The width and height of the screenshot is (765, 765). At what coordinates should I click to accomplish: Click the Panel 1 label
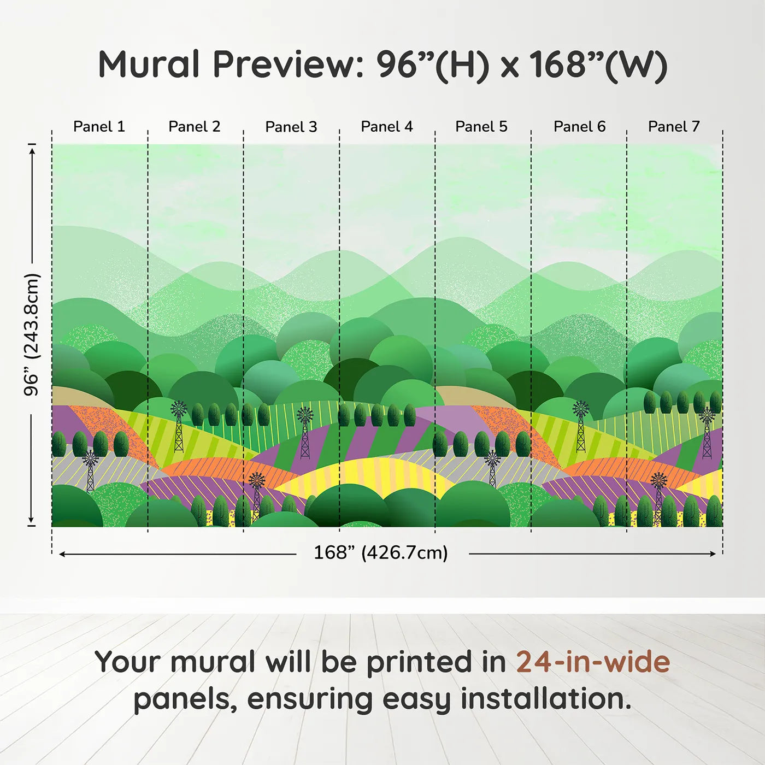tap(99, 127)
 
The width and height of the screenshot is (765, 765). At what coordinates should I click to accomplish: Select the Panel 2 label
tap(194, 127)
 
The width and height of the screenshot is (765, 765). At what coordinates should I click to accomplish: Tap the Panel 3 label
tap(291, 127)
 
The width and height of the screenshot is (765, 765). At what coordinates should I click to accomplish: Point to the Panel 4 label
tap(387, 127)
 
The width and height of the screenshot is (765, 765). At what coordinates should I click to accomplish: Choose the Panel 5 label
tap(481, 127)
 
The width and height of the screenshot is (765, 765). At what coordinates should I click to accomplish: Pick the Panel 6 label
tap(580, 127)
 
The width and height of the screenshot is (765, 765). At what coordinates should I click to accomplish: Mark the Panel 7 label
tap(674, 127)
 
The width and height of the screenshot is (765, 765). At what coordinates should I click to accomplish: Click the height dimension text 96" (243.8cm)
tap(32, 334)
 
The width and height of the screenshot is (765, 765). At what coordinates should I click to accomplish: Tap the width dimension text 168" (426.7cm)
tap(381, 552)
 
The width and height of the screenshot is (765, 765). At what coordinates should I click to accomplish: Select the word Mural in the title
tap(149, 64)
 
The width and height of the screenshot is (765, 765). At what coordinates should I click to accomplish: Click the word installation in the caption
tap(546, 698)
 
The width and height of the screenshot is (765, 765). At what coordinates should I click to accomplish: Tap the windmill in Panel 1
tap(91, 471)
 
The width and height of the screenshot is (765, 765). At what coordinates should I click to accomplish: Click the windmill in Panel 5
tap(493, 469)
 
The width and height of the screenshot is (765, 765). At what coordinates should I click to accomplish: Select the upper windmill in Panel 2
tap(179, 427)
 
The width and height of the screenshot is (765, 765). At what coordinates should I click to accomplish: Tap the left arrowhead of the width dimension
tap(62, 554)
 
